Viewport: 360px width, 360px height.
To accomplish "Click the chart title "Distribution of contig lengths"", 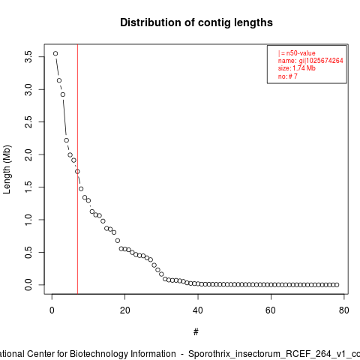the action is [196, 22].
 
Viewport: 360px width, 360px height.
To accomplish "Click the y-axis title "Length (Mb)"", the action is [7, 169].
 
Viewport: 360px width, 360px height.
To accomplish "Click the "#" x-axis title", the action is [196, 331].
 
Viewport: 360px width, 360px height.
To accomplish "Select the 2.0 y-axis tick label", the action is [28, 154].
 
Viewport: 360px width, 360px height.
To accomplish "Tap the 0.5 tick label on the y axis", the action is [28, 252].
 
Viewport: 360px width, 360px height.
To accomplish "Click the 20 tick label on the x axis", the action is [124, 310].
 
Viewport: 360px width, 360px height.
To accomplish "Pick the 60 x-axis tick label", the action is [271, 310].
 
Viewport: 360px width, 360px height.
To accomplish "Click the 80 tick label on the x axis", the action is [343, 310].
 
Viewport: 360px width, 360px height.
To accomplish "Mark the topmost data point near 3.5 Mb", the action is [55, 53].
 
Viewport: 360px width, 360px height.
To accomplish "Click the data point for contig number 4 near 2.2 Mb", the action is [67, 140].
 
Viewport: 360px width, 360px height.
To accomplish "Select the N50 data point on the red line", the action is [77, 172].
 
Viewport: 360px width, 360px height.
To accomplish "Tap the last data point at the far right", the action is [337, 285].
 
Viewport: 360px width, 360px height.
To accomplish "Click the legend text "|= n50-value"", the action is [296, 53].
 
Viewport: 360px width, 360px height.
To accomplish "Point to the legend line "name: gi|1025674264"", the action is [310, 61].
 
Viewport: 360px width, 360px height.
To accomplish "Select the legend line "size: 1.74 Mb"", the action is [296, 68].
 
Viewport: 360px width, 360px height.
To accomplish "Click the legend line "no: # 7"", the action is [287, 76].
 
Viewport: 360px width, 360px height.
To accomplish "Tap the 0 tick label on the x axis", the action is [52, 310].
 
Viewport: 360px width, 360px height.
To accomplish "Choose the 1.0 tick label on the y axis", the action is [28, 220].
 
